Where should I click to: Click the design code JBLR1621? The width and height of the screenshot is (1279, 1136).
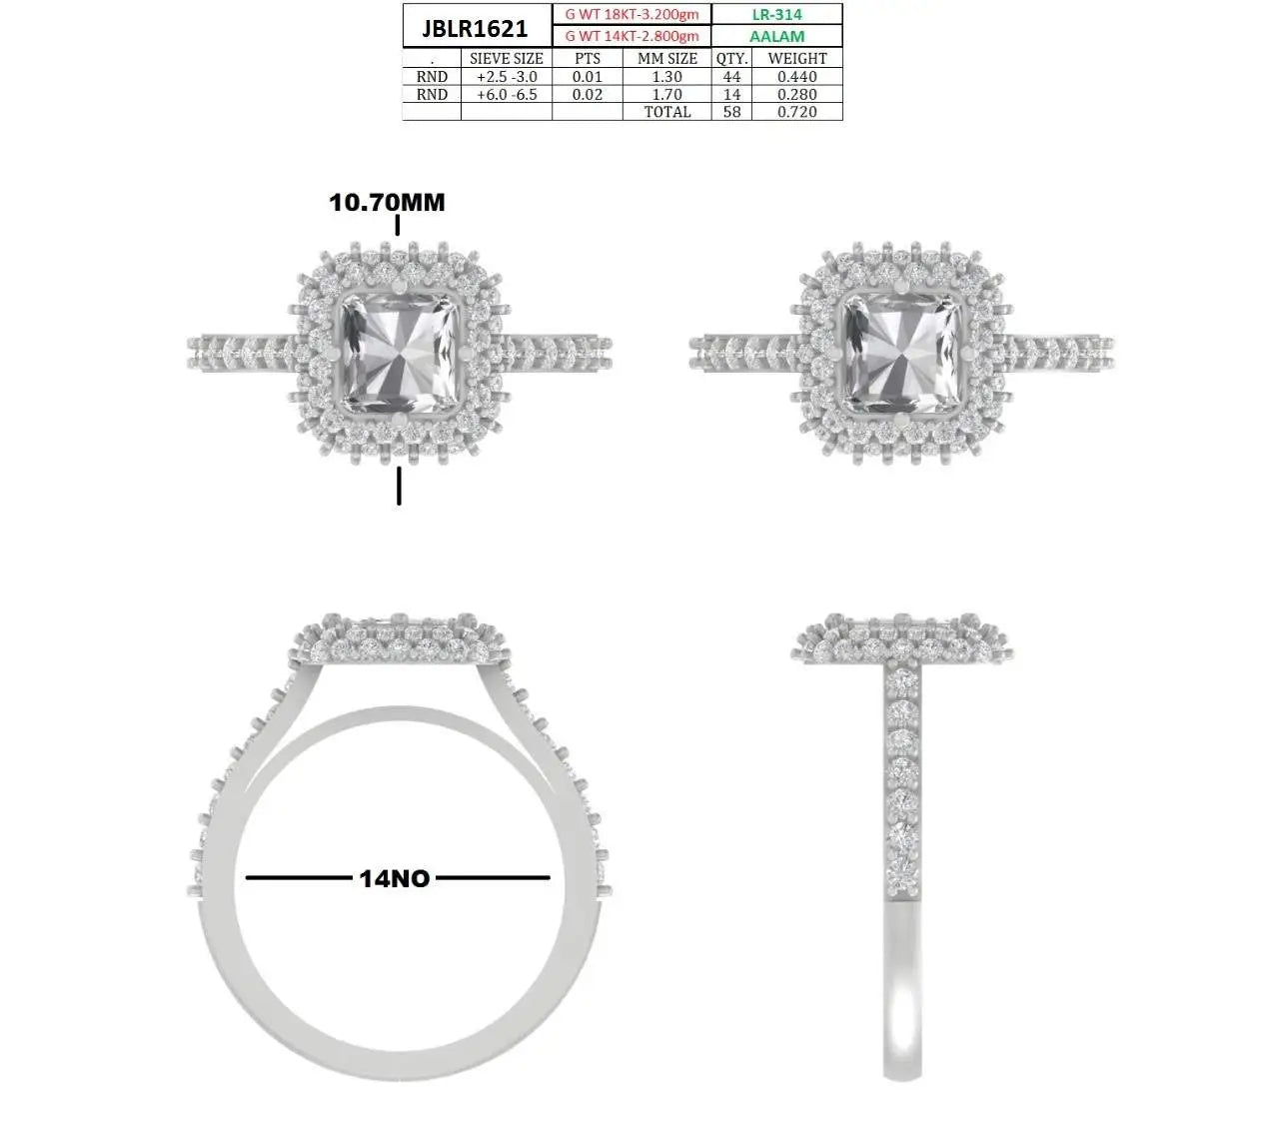474,28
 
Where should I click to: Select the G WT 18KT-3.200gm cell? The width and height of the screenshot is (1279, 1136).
632,15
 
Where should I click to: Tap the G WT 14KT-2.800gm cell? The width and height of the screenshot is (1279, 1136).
632,36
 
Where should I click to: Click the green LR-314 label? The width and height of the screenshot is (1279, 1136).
776,15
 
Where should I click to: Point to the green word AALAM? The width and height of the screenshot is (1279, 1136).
776,36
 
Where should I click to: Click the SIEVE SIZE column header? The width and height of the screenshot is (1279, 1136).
507,59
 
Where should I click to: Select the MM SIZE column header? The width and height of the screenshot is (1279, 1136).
667,59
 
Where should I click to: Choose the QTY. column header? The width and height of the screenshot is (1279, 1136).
731,59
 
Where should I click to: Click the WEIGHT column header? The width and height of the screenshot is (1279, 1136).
797,59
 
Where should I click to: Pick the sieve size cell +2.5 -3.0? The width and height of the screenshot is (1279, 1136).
507,76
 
